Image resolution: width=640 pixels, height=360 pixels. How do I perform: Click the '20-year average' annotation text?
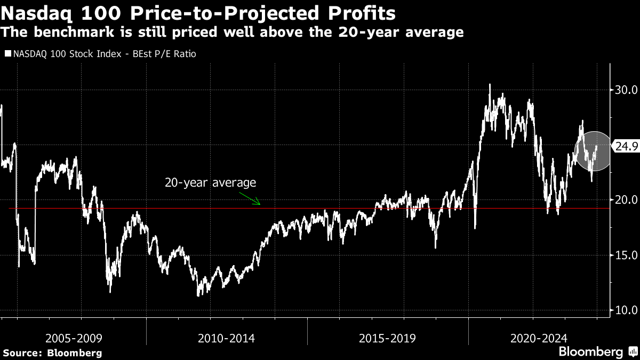[x=210, y=182]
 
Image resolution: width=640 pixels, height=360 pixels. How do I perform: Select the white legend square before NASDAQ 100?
[x=8, y=54]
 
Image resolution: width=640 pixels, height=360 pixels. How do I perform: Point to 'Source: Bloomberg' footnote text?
[x=53, y=353]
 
